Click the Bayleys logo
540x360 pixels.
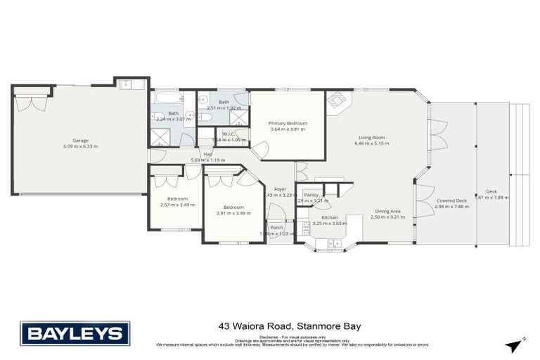pyautogui.click(x=75, y=333)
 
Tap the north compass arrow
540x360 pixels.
pyautogui.click(x=515, y=342)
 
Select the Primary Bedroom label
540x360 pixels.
pyautogui.click(x=288, y=123)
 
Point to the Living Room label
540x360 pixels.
pyautogui.click(x=371, y=137)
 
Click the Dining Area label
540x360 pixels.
pyautogui.click(x=388, y=210)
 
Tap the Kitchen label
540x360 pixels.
pyautogui.click(x=330, y=217)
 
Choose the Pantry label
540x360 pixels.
pyautogui.click(x=311, y=195)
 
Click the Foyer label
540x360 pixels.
pyautogui.click(x=280, y=188)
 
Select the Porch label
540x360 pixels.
pyautogui.click(x=276, y=227)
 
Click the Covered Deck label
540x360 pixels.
pyautogui.click(x=451, y=200)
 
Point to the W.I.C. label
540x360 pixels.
pyautogui.click(x=229, y=133)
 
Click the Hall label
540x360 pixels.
pyautogui.click(x=208, y=154)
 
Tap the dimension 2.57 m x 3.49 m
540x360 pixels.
pyautogui.click(x=176, y=205)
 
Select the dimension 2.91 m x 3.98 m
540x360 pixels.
pyautogui.click(x=233, y=214)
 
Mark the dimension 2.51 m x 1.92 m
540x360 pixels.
pyautogui.click(x=224, y=108)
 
